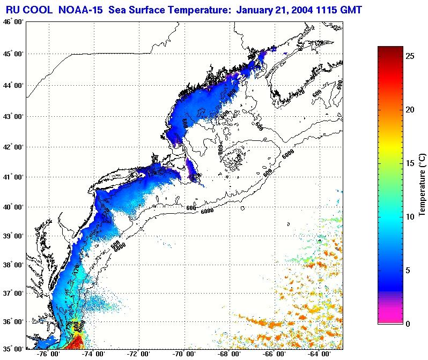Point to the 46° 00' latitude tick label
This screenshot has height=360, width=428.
[x=11, y=22]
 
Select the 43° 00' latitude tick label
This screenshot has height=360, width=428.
[x=11, y=116]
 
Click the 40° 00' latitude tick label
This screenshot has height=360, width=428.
[x=11, y=207]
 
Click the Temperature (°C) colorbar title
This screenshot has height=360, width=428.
[x=422, y=185]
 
